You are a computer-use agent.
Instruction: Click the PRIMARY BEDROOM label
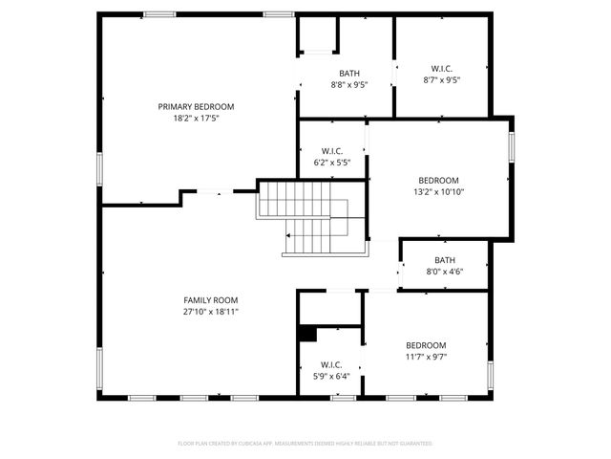click(196, 106)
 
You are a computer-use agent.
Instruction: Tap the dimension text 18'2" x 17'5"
click(196, 119)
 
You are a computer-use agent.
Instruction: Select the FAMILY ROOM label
click(211, 299)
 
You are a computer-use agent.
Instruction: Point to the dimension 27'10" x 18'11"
click(211, 312)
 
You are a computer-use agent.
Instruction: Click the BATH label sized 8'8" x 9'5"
click(348, 73)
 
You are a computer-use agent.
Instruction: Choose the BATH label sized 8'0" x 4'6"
click(445, 259)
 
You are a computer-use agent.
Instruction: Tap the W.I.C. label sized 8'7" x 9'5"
click(441, 68)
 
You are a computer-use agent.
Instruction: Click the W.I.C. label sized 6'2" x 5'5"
click(332, 150)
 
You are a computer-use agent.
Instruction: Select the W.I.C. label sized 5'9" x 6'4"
click(332, 364)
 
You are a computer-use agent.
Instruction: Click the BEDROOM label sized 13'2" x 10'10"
click(439, 180)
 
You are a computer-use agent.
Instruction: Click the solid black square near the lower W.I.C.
click(307, 334)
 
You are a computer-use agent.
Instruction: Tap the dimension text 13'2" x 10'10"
click(439, 192)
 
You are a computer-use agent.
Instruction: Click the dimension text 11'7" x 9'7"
click(426, 357)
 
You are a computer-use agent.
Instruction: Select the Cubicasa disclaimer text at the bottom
click(305, 444)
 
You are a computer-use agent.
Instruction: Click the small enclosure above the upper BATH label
click(319, 36)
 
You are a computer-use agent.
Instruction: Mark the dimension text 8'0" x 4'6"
click(445, 272)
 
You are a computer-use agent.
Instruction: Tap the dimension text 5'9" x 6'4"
click(332, 377)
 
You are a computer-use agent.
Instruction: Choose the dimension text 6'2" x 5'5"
click(332, 163)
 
